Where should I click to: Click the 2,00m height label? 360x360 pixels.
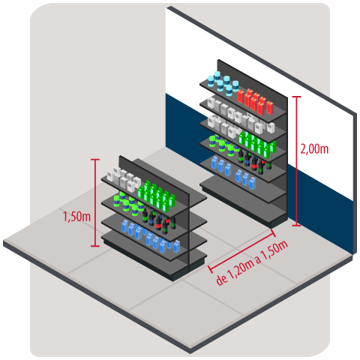(314, 149)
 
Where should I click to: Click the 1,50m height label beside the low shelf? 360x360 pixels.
(76, 217)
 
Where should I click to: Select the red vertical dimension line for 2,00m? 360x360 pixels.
(296, 161)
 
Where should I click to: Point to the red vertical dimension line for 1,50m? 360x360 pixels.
(95, 202)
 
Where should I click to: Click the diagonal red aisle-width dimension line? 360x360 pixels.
(241, 250)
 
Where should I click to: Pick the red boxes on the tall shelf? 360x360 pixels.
(255, 101)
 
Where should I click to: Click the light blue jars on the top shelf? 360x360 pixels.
(223, 82)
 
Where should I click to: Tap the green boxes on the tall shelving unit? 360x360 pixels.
(257, 144)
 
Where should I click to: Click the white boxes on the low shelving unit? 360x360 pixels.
(124, 179)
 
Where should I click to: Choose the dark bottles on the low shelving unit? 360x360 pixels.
(159, 220)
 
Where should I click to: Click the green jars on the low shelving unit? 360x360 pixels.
(128, 202)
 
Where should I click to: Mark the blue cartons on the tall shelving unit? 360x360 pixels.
(233, 172)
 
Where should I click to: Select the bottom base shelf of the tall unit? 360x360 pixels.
(244, 202)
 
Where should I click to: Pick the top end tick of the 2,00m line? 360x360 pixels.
(296, 96)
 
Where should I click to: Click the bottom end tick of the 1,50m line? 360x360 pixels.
(95, 246)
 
